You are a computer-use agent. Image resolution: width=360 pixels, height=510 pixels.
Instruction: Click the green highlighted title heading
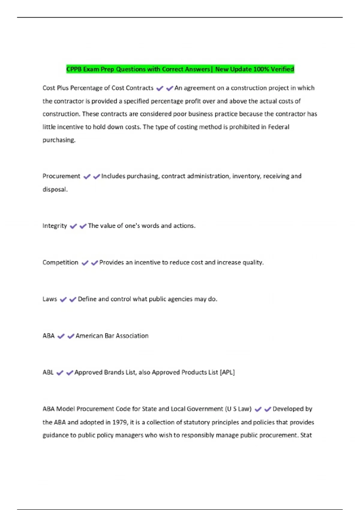(x=180, y=69)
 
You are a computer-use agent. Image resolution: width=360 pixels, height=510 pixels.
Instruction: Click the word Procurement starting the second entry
(x=61, y=176)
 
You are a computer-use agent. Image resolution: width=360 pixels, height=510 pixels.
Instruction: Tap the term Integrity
(x=55, y=226)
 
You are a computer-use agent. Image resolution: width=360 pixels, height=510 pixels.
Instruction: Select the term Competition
(x=60, y=262)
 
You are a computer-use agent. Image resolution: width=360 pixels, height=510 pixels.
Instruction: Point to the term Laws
(x=49, y=299)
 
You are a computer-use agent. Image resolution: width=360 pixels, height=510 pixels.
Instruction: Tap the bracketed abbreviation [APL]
(x=227, y=372)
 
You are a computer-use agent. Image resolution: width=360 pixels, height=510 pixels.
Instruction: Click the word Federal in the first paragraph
(x=278, y=127)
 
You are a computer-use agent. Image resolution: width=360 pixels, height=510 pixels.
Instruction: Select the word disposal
(x=55, y=189)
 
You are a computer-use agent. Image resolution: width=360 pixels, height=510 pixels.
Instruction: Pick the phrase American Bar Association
(x=112, y=336)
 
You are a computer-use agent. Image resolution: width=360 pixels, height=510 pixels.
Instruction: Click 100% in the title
(x=261, y=69)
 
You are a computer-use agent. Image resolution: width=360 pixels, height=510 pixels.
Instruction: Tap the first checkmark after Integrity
(x=73, y=226)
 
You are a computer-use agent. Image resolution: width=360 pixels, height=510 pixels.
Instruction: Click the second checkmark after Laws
(x=73, y=299)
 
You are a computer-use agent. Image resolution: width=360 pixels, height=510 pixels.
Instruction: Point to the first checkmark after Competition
(x=85, y=263)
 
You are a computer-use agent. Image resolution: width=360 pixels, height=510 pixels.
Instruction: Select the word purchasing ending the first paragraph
(x=59, y=140)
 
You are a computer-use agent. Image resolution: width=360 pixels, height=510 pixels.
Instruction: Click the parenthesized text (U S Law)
(x=238, y=409)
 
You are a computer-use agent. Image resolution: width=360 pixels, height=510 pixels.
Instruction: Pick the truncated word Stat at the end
(x=306, y=435)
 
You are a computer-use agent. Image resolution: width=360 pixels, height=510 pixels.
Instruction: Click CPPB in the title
(x=74, y=69)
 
